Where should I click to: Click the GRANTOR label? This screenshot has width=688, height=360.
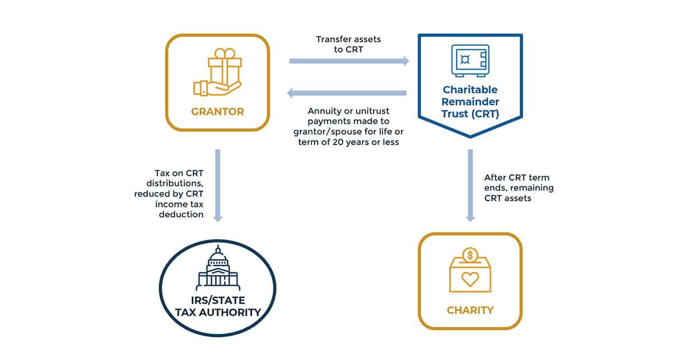217,111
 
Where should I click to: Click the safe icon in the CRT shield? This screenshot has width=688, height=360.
470,61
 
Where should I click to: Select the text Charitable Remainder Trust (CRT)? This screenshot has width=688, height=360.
470,101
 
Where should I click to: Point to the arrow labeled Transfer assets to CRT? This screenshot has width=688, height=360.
349,61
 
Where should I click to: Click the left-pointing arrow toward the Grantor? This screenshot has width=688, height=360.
347,93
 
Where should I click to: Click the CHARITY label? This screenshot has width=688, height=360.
470,310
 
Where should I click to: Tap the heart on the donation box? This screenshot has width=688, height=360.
470,280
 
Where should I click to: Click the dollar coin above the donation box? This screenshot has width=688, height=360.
470,253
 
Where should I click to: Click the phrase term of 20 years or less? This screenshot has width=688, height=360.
348,142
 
